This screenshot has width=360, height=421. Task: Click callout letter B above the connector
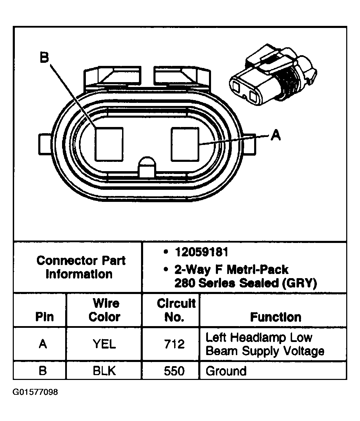[x=44, y=57]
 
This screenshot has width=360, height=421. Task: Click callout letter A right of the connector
[x=275, y=135]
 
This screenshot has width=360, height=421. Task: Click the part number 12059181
[x=201, y=252]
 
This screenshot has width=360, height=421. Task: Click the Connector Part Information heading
[x=81, y=267]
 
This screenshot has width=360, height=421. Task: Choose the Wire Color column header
[x=104, y=310]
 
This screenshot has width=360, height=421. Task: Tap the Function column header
[x=276, y=317]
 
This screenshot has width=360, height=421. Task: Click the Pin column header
[x=44, y=317]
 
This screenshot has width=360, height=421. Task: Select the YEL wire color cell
[x=104, y=344]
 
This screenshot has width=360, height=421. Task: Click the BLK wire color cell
[x=104, y=371]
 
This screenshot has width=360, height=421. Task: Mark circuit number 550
[x=174, y=371]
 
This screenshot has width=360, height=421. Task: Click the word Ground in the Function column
[x=226, y=371]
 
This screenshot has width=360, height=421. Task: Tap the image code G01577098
[x=36, y=392]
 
